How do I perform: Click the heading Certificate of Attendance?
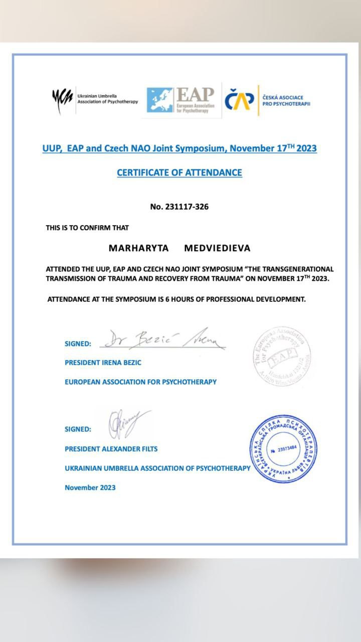pyautogui.click(x=179, y=173)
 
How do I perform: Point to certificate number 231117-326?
pyautogui.click(x=179, y=207)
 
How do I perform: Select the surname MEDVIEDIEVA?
pyautogui.click(x=217, y=248)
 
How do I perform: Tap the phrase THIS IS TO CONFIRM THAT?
pyautogui.click(x=87, y=228)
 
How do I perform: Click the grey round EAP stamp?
pyautogui.click(x=281, y=354)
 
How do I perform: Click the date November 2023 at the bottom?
pyautogui.click(x=90, y=487)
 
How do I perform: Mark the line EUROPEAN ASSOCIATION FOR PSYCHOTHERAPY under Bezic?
pyautogui.click(x=141, y=382)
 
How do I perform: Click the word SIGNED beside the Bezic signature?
pyautogui.click(x=78, y=344)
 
